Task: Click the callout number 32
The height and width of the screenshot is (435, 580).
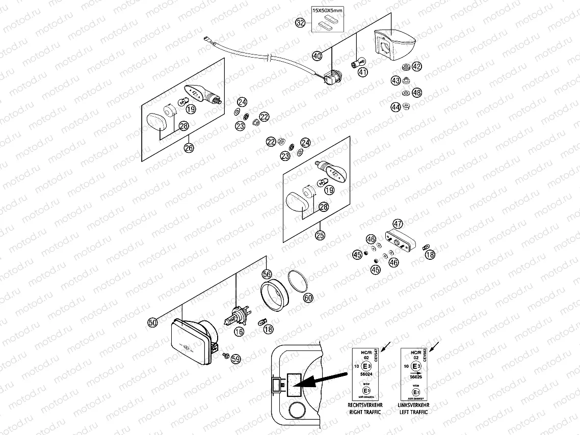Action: (x=301, y=22)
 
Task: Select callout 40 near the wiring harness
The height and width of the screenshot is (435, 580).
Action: (x=317, y=56)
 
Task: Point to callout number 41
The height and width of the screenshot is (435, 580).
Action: (x=362, y=72)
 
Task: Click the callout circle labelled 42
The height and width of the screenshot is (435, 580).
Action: (x=417, y=66)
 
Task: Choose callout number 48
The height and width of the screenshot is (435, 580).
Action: (x=417, y=93)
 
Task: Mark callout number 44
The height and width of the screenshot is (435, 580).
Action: (x=396, y=107)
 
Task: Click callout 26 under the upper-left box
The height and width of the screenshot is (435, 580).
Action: (x=189, y=148)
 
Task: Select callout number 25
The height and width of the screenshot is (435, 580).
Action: (x=320, y=235)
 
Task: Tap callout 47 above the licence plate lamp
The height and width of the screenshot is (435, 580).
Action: (x=398, y=223)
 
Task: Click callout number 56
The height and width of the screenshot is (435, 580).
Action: (x=267, y=274)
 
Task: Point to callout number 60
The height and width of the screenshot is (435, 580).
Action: (x=308, y=298)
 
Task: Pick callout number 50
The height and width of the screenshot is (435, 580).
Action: (x=152, y=321)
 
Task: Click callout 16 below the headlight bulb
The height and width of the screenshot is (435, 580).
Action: (x=239, y=332)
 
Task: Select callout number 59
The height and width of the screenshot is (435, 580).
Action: (x=235, y=359)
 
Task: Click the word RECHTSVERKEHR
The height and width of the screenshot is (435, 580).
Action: (x=364, y=405)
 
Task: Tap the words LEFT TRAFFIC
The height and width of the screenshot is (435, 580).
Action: (x=413, y=412)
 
